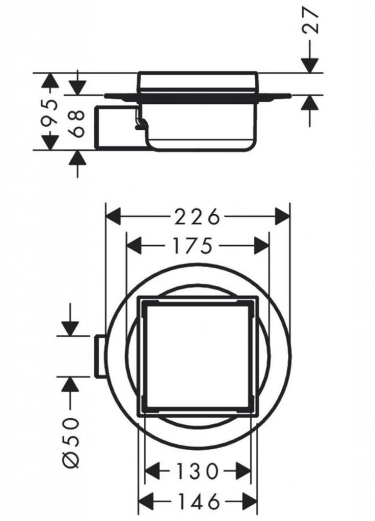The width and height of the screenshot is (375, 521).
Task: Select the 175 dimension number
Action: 197,246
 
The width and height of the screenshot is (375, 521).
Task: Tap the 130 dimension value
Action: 198,471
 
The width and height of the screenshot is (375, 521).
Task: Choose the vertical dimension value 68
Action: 77,122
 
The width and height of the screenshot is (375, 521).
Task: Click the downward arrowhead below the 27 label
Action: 310,66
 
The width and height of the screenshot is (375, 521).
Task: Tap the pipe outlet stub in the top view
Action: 99,356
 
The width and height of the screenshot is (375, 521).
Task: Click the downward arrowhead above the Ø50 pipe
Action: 69,328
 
